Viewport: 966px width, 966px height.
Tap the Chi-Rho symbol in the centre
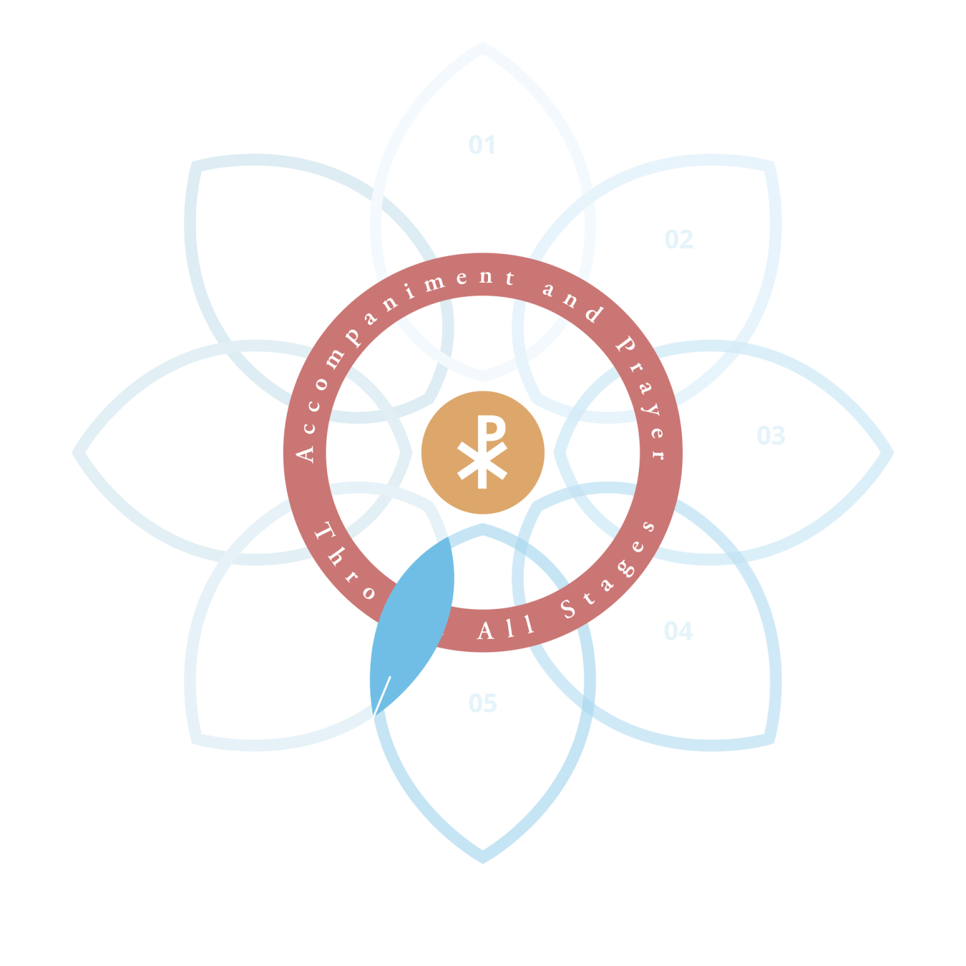tap(482, 452)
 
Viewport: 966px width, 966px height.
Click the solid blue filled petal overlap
tap(412, 623)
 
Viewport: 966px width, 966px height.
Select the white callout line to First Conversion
tap(374, 717)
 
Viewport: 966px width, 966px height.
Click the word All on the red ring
tap(506, 628)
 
